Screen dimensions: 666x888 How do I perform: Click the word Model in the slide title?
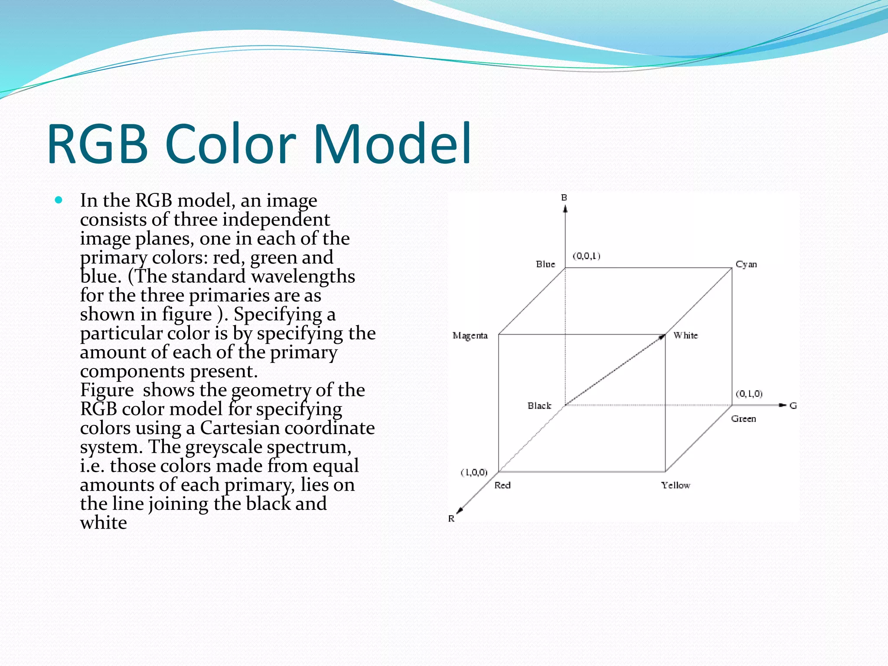[392, 144]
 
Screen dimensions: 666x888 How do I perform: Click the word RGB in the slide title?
[98, 144]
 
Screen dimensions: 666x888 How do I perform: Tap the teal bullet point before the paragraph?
[59, 200]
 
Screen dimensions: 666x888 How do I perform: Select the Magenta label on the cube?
[470, 336]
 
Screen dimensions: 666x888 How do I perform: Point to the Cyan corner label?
[746, 264]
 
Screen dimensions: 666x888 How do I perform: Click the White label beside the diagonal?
[686, 335]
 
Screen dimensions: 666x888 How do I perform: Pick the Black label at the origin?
[539, 406]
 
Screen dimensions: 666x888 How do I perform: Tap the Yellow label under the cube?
[676, 485]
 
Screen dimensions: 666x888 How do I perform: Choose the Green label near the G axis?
[744, 419]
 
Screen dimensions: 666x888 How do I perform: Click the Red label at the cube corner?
[503, 485]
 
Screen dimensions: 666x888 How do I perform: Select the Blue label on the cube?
[545, 264]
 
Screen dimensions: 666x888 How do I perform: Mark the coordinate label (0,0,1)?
[587, 256]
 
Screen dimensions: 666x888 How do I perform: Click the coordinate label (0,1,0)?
[749, 394]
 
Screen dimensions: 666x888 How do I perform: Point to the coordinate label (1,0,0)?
[474, 472]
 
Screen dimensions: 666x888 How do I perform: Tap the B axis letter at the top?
[564, 198]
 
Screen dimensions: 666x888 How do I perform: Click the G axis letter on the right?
[793, 406]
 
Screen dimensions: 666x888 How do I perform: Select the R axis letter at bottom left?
[451, 519]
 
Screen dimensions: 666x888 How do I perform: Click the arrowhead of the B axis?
[565, 209]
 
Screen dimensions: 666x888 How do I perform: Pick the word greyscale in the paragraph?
[224, 447]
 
